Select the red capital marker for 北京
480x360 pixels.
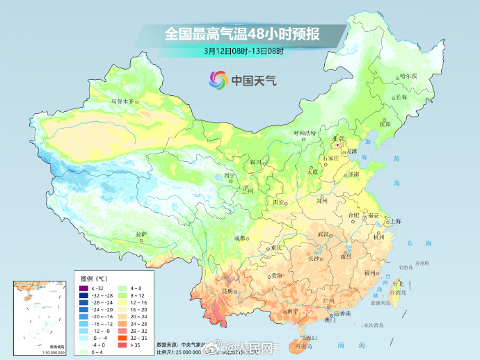tap(336, 146)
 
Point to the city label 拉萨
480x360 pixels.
tap(141, 234)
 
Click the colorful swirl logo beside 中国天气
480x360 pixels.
tap(217, 80)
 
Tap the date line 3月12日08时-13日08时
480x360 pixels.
tap(239, 50)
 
